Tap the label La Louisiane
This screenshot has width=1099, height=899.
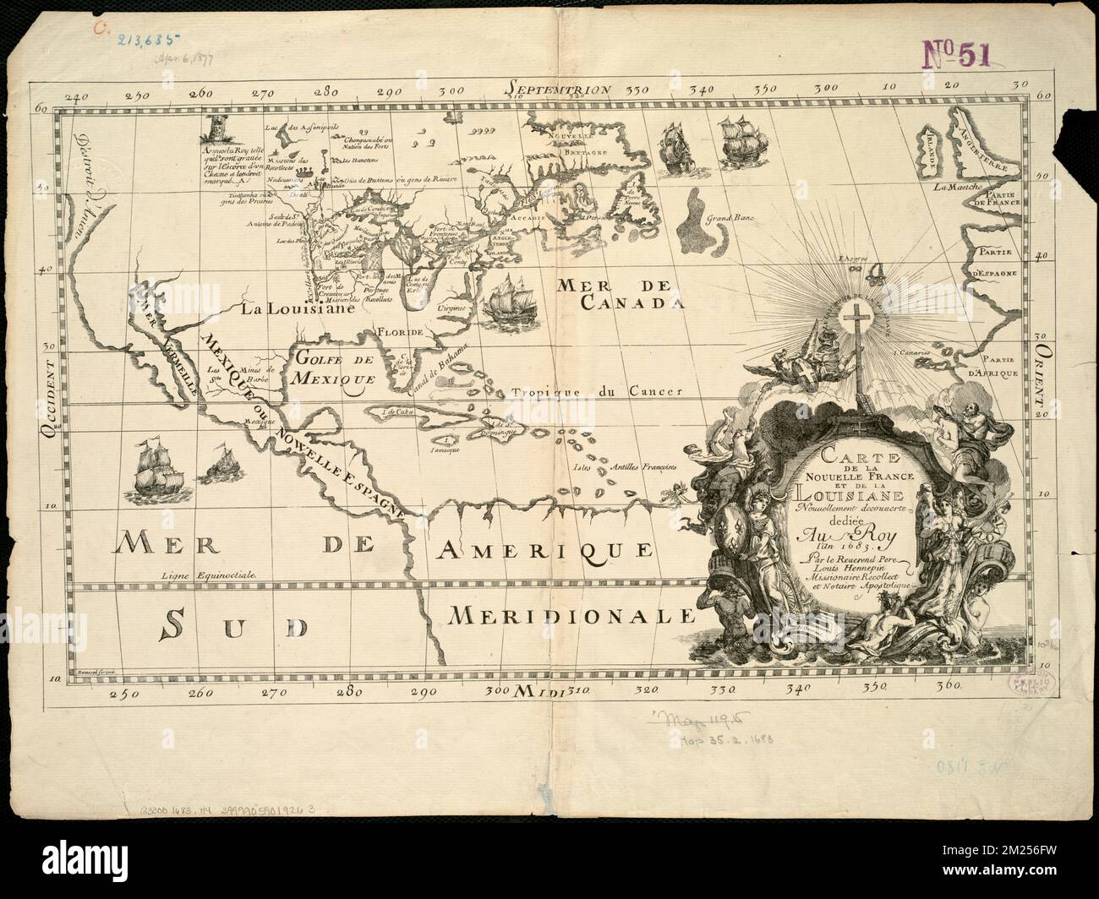click(294, 309)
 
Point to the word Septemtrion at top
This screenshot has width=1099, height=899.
click(555, 88)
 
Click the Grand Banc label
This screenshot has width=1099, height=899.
click(732, 217)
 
